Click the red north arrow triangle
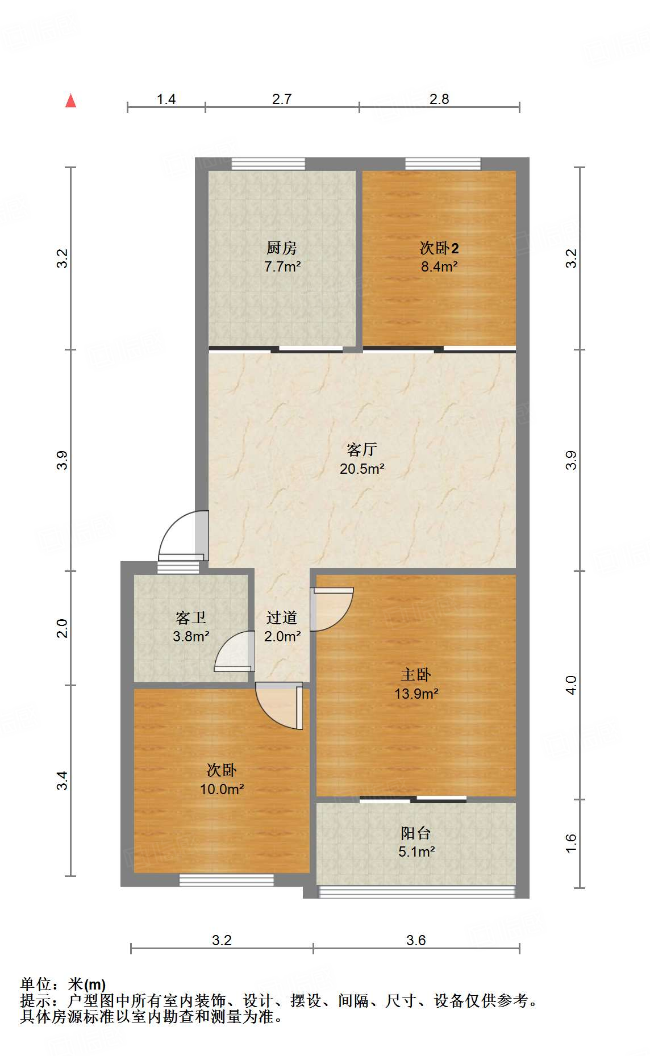(70, 101)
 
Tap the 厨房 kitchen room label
(282, 248)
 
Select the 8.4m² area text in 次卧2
(439, 266)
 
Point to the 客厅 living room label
(362, 450)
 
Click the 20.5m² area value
(362, 469)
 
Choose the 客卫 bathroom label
(191, 617)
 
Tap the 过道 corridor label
(282, 617)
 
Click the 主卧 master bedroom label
(416, 675)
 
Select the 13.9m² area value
(416, 694)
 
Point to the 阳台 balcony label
(416, 833)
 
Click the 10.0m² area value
(222, 789)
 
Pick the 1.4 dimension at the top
(166, 99)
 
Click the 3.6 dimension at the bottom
(416, 941)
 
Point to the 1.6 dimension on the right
(571, 844)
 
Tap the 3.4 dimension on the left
(62, 780)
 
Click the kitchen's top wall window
(268, 164)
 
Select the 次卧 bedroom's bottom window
(227, 880)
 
